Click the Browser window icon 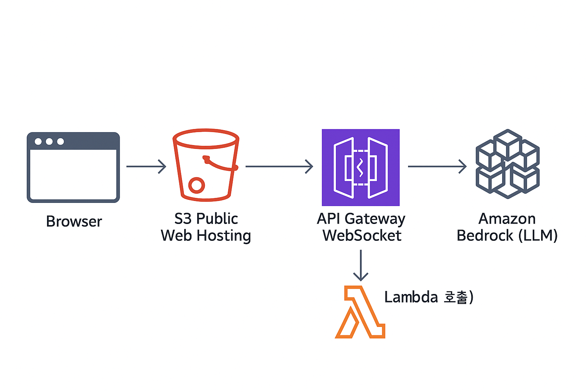(73, 167)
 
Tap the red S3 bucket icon (206, 165)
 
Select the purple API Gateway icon (361, 167)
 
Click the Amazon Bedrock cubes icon (508, 164)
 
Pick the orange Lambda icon (360, 312)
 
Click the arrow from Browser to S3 (146, 167)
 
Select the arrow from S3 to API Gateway (279, 167)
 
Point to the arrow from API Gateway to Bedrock (437, 167)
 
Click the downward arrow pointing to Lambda (361, 265)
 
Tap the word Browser (74, 222)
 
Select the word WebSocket (362, 236)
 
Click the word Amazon (507, 219)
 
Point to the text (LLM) (538, 236)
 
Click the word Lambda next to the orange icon (411, 297)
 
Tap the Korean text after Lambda (456, 297)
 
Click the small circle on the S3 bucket (196, 185)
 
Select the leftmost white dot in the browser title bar (38, 142)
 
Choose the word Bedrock (485, 236)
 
